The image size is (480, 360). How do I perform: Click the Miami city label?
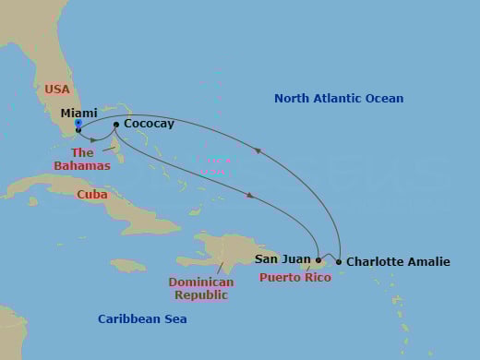point(79,114)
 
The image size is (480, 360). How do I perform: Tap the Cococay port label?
point(149,124)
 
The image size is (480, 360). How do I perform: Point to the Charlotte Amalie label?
point(398,262)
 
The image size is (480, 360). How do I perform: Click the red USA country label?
point(57,90)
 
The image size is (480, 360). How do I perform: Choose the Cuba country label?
point(92,195)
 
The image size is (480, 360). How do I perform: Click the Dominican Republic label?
point(201,289)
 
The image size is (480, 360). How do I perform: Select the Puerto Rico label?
point(294,277)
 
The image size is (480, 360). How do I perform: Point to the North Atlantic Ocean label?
point(339,99)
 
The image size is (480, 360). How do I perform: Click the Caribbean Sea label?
point(142,319)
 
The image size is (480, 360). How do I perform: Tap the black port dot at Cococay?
point(115,124)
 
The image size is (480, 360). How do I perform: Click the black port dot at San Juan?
point(318,260)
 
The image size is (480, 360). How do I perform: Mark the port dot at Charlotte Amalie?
point(339,262)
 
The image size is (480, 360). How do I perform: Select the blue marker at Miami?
point(78,123)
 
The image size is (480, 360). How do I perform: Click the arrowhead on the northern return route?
point(258,150)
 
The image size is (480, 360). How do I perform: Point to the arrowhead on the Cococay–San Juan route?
point(249,195)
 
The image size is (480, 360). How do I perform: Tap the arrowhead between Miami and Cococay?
point(93,140)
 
